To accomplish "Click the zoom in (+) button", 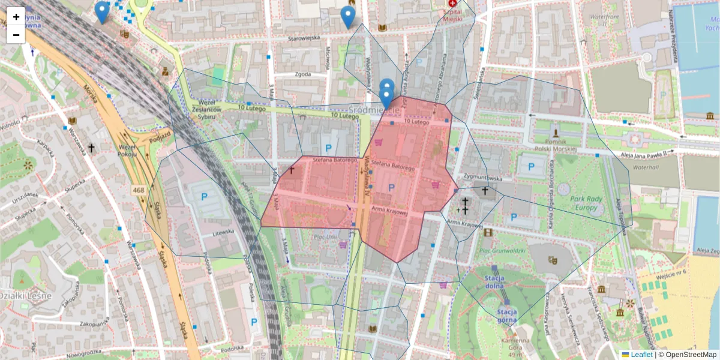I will pos(16,17).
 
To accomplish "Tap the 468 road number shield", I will pos(139,190).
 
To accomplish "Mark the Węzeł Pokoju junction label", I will pos(127,150).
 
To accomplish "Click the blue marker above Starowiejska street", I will pos(347,17).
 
